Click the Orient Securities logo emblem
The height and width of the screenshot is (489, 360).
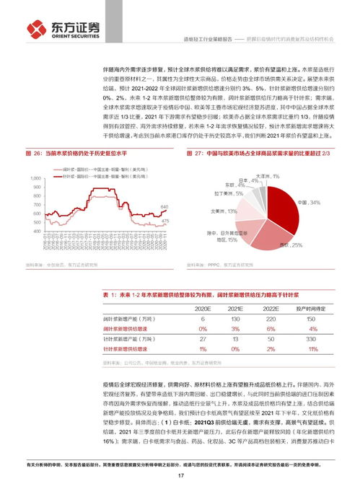point(37,29)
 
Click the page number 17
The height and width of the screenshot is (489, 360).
point(180,475)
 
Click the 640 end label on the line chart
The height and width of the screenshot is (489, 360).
point(164,206)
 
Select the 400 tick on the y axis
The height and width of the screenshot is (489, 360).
point(37,232)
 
